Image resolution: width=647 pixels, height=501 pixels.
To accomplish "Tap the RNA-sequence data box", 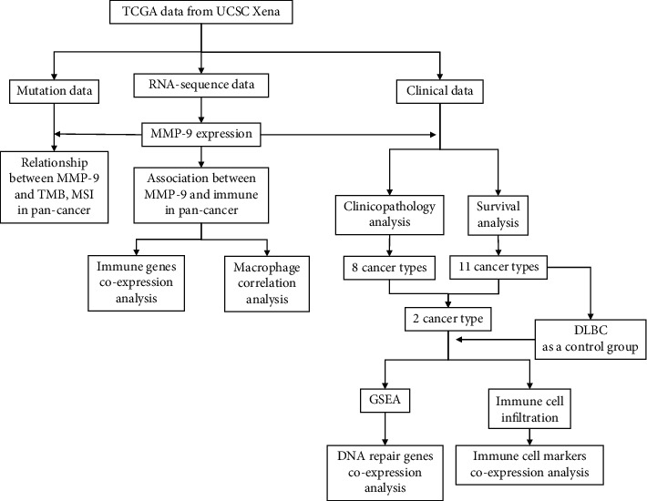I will pyautogui.click(x=202, y=87).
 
